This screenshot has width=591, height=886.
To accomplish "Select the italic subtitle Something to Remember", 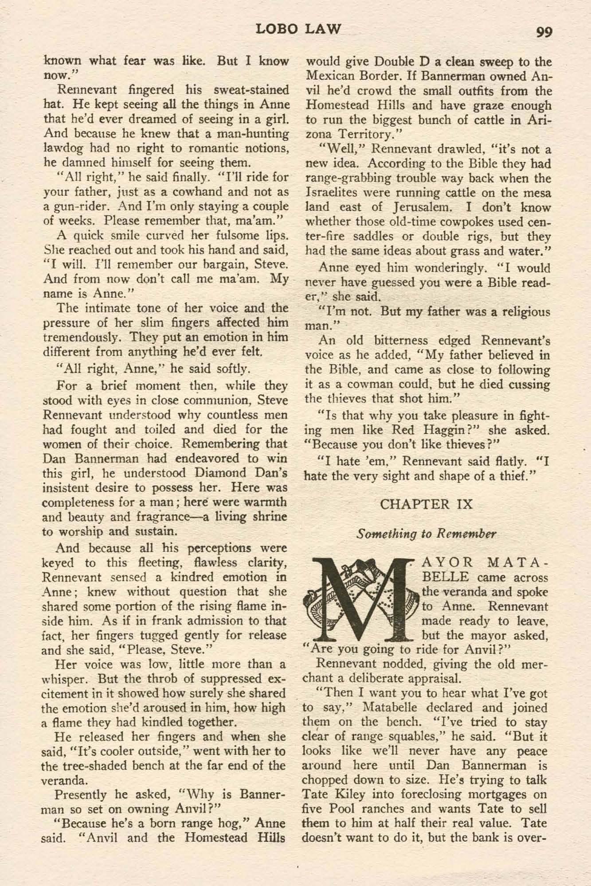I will tap(427, 533).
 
